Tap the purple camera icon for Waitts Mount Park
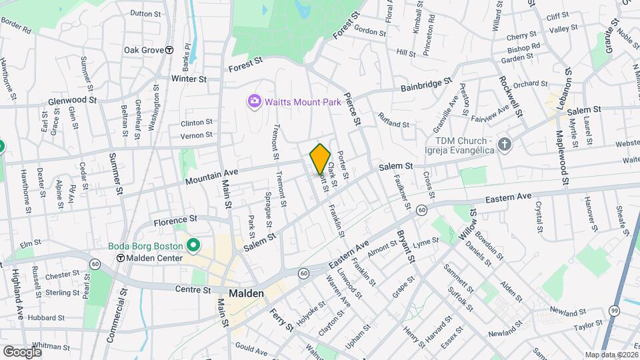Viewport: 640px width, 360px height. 254,101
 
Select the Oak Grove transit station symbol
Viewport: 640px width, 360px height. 170,50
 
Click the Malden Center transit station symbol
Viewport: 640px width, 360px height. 120,258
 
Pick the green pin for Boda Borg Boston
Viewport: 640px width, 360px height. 193,246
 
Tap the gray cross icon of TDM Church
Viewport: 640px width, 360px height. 505,144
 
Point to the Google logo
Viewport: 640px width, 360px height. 23,351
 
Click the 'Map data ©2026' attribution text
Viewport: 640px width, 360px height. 611,355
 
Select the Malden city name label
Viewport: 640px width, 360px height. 247,293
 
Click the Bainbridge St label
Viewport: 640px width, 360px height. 427,87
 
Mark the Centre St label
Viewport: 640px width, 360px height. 192,290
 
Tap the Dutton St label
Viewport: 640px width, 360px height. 146,13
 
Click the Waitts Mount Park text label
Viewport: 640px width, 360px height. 303,102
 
